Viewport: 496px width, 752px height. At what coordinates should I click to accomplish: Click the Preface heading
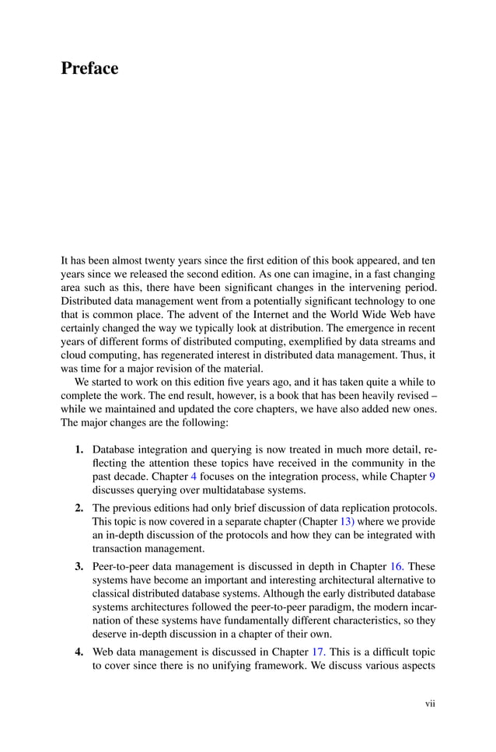(x=89, y=68)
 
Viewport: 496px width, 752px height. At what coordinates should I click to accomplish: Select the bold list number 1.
(x=79, y=449)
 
